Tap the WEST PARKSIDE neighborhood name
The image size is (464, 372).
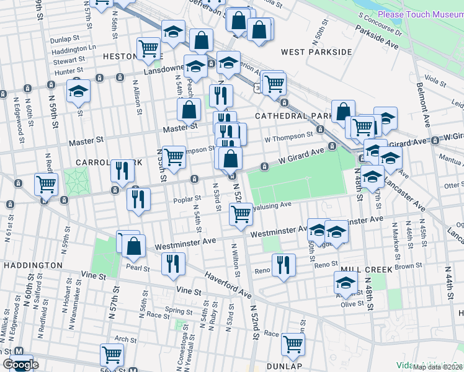point(316,52)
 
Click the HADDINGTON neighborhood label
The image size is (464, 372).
point(32,265)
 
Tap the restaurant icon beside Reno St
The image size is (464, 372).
point(283,264)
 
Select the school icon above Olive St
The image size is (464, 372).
point(346,285)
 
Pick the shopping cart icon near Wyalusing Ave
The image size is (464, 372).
point(241,215)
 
